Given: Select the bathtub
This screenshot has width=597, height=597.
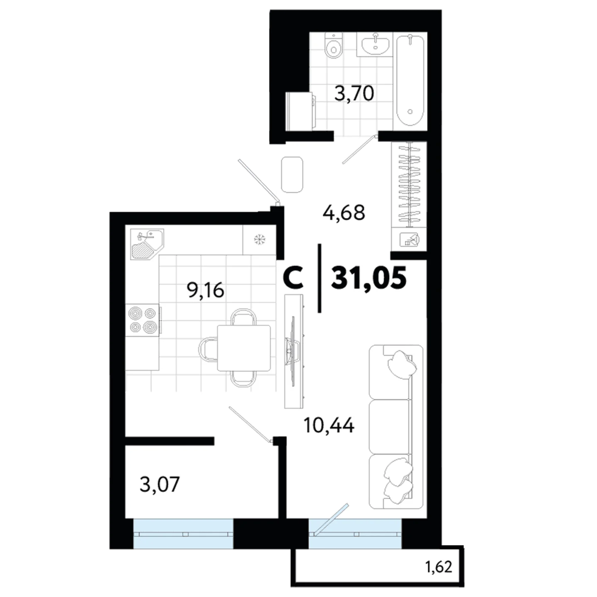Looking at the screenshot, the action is pyautogui.click(x=410, y=80).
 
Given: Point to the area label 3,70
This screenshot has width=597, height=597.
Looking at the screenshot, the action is pyautogui.click(x=354, y=93).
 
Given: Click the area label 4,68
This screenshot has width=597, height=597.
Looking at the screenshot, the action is pyautogui.click(x=344, y=213).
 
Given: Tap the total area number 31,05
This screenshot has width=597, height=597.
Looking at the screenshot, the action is pyautogui.click(x=369, y=278).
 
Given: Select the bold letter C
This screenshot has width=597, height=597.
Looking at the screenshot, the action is pyautogui.click(x=293, y=278).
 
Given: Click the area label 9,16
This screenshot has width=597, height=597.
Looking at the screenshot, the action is pyautogui.click(x=205, y=291).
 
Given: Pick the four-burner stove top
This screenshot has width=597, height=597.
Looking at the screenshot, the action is pyautogui.click(x=143, y=320).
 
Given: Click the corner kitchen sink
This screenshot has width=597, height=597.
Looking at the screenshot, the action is pyautogui.click(x=147, y=243).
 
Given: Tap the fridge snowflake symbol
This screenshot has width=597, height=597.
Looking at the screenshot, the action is pyautogui.click(x=259, y=239).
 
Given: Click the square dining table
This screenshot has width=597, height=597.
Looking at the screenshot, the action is pyautogui.click(x=244, y=348).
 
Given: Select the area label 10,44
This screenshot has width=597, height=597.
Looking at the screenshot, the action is pyautogui.click(x=329, y=425).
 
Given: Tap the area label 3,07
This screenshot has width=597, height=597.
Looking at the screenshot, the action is pyautogui.click(x=160, y=484).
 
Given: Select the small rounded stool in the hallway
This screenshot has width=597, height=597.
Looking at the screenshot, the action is pyautogui.click(x=292, y=175).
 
